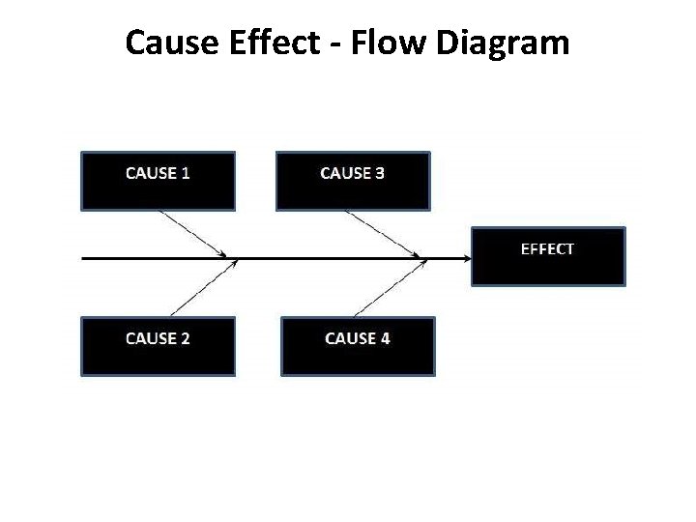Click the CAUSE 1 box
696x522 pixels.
(x=158, y=181)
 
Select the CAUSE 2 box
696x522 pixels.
(x=158, y=345)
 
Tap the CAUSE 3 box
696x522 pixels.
(x=353, y=181)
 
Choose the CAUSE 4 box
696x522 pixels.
(x=358, y=345)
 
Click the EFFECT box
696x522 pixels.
(x=548, y=256)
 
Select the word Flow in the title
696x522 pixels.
(x=382, y=43)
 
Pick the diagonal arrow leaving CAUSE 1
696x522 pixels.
(x=193, y=234)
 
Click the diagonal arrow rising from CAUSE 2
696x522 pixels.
(x=203, y=288)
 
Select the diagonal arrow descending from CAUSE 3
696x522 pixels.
(x=385, y=234)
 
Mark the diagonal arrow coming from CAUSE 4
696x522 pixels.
(x=390, y=288)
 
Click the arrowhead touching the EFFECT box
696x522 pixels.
(x=466, y=258)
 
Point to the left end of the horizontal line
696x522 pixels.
(x=84, y=258)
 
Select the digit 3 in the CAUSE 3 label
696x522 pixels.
(x=379, y=173)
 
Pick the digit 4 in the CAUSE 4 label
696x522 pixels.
(x=385, y=338)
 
